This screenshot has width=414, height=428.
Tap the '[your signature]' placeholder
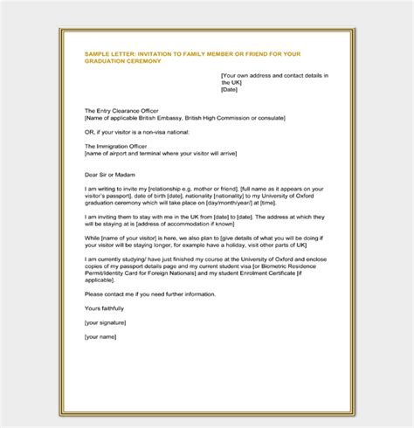(x=108, y=321)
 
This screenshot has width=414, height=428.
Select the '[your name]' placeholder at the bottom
(x=102, y=335)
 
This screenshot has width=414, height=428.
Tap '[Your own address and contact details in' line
(x=274, y=76)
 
